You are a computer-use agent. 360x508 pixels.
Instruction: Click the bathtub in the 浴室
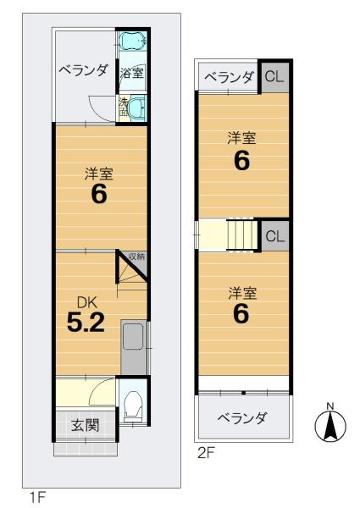(133, 41)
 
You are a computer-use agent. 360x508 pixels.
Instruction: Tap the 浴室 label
(131, 73)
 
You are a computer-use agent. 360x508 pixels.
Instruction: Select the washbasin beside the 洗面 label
(136, 108)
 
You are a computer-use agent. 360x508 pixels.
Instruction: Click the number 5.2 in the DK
(86, 323)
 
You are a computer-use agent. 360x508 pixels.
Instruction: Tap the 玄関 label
(86, 425)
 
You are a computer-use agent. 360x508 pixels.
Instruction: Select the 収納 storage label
(137, 257)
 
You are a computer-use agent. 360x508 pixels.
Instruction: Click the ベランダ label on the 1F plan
(83, 70)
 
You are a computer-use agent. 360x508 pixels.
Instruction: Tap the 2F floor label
(207, 453)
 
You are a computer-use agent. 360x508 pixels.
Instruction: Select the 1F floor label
(37, 497)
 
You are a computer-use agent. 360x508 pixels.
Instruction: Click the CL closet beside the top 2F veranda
(274, 77)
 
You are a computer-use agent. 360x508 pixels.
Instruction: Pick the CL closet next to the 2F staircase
(274, 236)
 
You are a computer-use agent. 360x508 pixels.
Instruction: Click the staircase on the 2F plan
(241, 235)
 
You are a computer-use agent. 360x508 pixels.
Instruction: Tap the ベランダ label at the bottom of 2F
(242, 418)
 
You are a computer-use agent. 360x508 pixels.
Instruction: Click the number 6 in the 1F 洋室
(99, 194)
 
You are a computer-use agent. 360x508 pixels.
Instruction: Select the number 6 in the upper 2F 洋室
(242, 161)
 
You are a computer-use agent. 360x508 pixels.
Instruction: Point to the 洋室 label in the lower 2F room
(242, 293)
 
